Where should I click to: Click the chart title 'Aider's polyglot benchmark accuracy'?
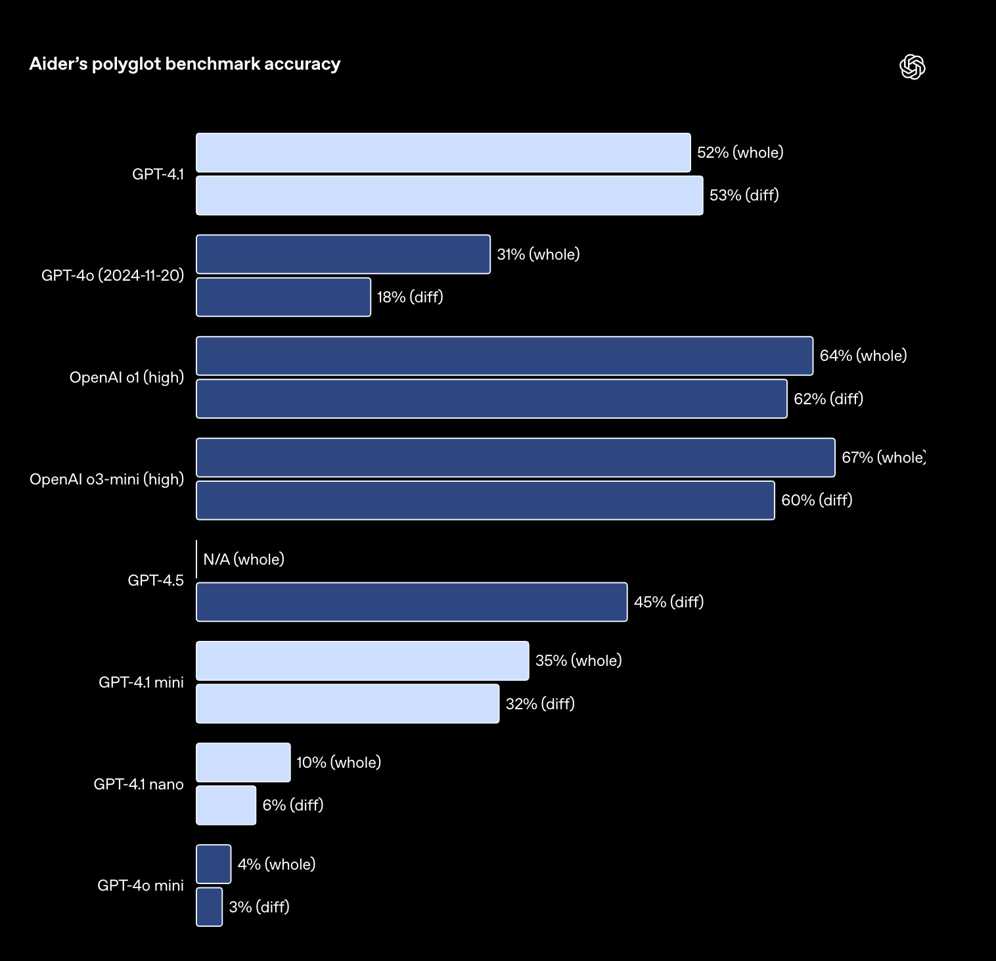tap(185, 64)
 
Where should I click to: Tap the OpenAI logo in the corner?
tap(912, 66)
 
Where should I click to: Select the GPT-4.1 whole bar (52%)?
tap(443, 152)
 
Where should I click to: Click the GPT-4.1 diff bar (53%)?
tap(449, 195)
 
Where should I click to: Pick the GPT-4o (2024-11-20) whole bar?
tap(343, 254)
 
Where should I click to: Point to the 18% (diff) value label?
tap(410, 297)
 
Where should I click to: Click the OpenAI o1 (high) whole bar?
tap(505, 356)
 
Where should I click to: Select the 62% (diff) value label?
tap(828, 399)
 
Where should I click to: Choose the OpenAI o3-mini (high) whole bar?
tap(516, 457)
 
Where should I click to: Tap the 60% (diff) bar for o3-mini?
tap(486, 500)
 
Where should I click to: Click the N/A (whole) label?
tap(244, 559)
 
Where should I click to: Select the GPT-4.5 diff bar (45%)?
tap(412, 602)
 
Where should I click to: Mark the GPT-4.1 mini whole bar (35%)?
tap(363, 661)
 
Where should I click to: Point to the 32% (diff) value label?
tap(540, 704)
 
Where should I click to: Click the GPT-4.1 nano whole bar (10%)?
tap(243, 762)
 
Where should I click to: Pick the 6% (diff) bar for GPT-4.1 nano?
tap(226, 805)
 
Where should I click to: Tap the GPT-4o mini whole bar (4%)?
tap(214, 864)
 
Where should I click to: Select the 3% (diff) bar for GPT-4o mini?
tap(210, 907)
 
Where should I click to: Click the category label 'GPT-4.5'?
tap(156, 580)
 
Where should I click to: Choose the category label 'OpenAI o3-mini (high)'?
tap(106, 479)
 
